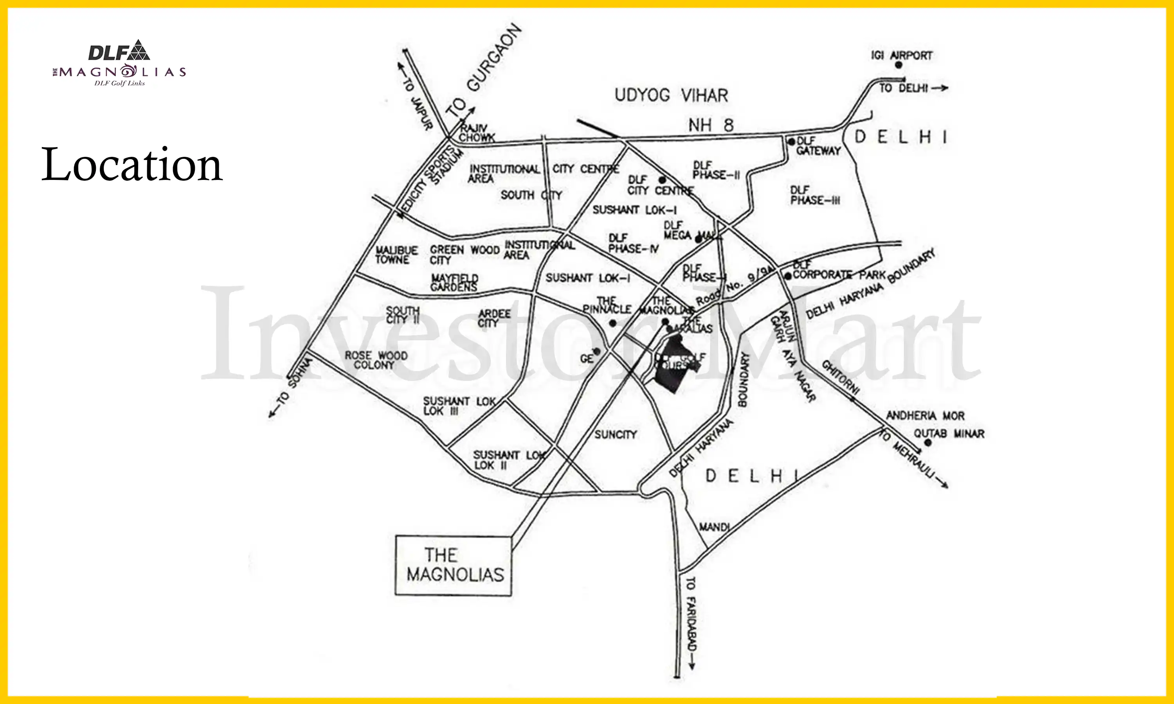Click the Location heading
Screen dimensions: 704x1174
pos(131,165)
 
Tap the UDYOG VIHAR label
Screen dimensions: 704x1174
pos(671,95)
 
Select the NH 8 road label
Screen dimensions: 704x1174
pos(711,125)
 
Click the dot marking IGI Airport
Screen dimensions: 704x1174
pos(898,65)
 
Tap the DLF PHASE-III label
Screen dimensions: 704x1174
pos(815,196)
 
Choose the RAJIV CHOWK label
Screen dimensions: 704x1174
pos(476,133)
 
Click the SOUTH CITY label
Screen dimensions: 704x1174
pos(531,195)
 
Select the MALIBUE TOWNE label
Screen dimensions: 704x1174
pos(396,255)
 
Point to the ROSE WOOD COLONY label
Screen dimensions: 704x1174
pos(376,361)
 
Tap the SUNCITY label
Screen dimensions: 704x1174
pos(615,435)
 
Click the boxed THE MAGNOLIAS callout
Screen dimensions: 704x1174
pos(454,566)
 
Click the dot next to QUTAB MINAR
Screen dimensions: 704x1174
pos(928,443)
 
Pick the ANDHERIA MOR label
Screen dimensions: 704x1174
pos(925,416)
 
